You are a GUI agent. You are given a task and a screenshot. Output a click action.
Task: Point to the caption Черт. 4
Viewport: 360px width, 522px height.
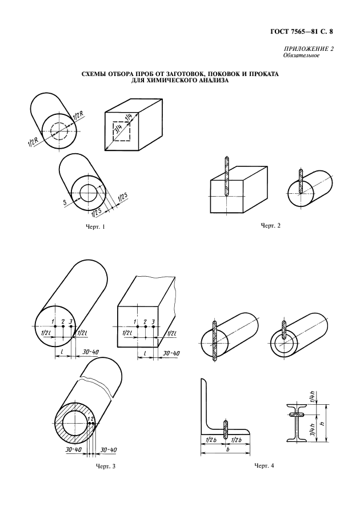pos(264,466)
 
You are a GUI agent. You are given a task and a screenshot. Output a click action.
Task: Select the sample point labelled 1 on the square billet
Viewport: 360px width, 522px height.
pos(137,329)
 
